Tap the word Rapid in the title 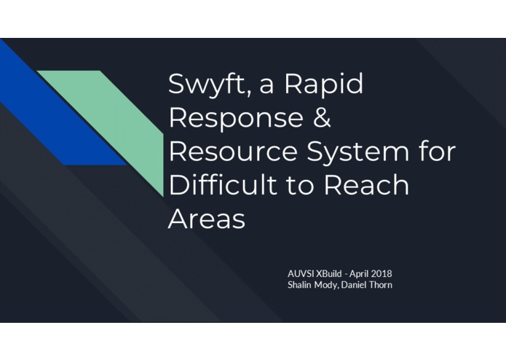(323, 85)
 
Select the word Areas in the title (206, 219)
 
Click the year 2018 (383, 273)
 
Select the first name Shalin (301, 285)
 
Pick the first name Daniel (357, 285)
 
